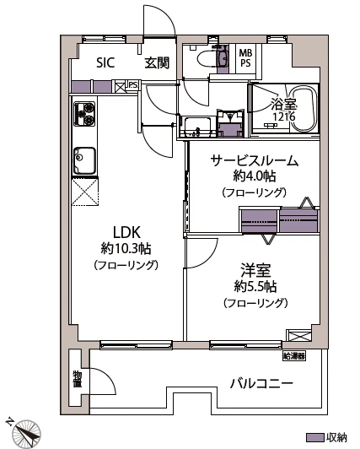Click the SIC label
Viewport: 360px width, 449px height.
[x=105, y=62]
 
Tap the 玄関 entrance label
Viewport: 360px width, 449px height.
[x=156, y=62]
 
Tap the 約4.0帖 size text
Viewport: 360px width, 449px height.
[x=254, y=176]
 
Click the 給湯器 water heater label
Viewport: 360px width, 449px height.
[x=294, y=354]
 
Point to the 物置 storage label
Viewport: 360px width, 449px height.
[x=77, y=380]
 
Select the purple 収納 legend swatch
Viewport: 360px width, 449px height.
[x=314, y=438]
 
